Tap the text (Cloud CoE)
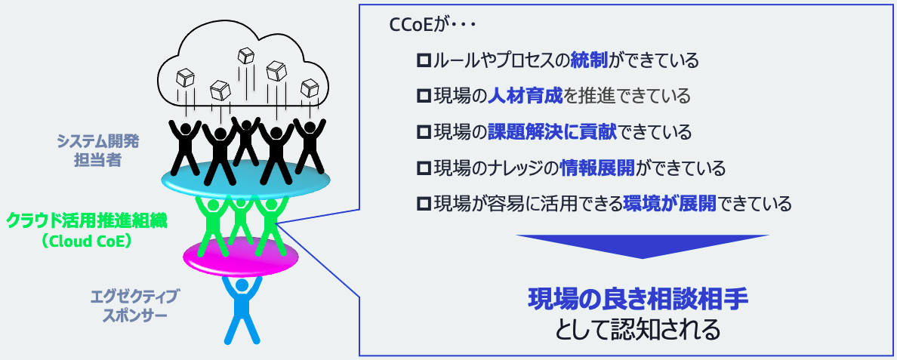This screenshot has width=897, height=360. (88, 242)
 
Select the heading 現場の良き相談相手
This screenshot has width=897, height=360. (637, 300)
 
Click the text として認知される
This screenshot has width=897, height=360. (637, 330)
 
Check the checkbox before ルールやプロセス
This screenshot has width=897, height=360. (423, 60)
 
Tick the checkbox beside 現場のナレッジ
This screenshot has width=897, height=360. (423, 168)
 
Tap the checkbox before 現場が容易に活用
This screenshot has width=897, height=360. (423, 204)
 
